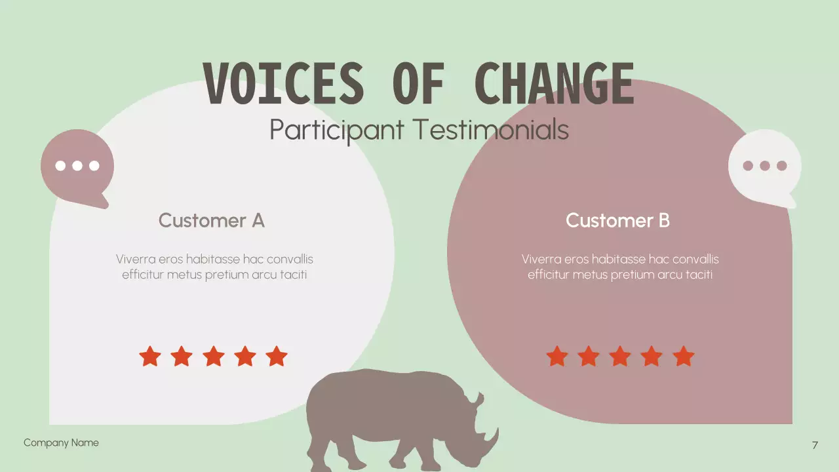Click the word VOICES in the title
coord(283,84)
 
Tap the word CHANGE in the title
coord(554,84)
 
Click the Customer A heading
coord(211,220)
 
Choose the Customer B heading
coord(617,220)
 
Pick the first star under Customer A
coord(150,357)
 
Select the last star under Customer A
coord(277,357)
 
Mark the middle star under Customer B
coord(620,357)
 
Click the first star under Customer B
coord(557,357)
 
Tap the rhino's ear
coord(477,398)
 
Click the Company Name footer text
coord(61,442)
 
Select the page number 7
coord(815,445)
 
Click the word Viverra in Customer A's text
coord(135,259)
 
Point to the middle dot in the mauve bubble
coord(77,165)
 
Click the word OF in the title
coord(418,84)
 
